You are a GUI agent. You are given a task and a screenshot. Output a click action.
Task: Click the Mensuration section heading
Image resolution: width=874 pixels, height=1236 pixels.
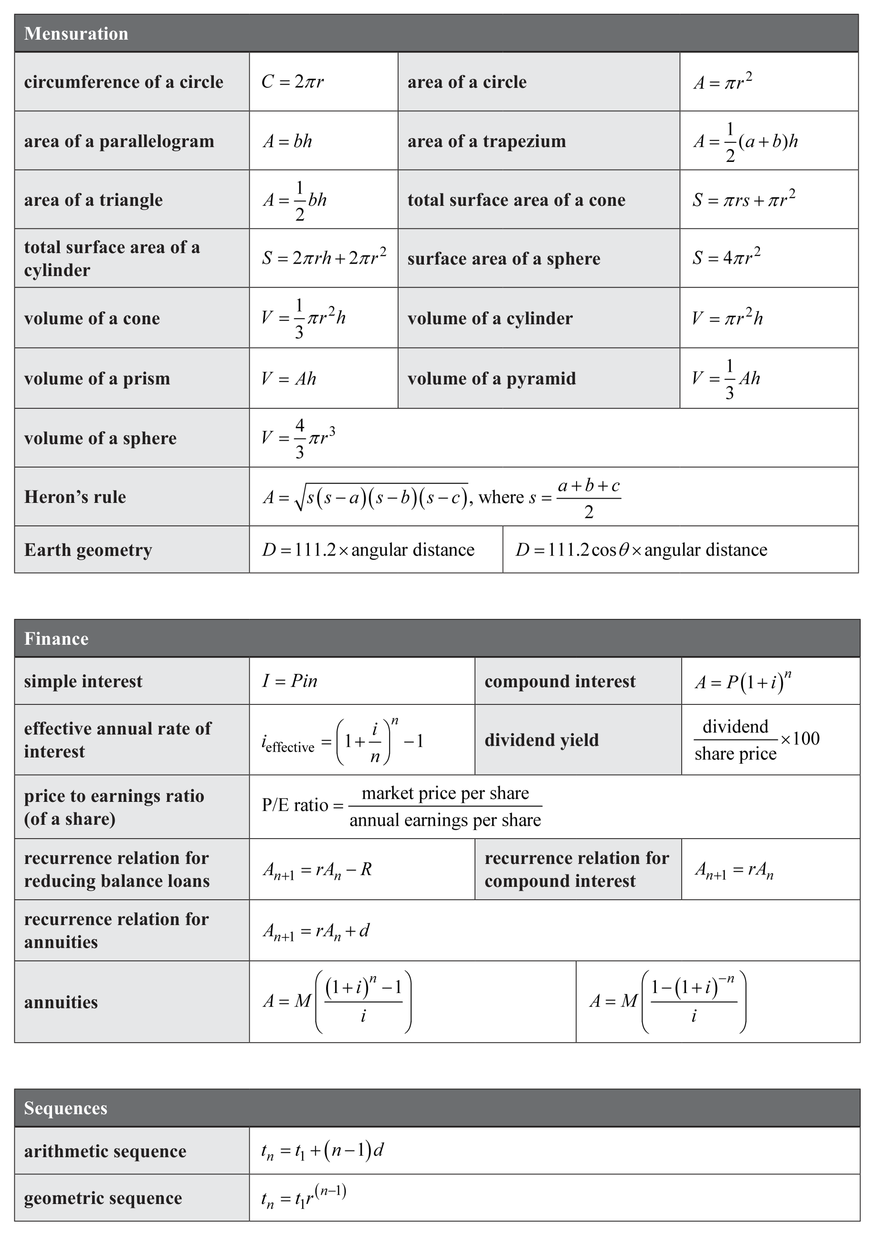[x=76, y=33]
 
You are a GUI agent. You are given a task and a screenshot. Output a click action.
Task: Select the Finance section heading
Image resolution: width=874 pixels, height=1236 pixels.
[x=56, y=639]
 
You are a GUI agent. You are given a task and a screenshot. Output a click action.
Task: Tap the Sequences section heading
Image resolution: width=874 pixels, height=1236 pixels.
[x=66, y=1108]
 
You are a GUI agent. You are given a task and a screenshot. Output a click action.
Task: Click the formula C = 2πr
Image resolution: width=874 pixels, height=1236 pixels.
[x=292, y=82]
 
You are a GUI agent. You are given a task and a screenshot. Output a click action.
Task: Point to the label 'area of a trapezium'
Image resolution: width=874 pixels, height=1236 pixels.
[x=486, y=141]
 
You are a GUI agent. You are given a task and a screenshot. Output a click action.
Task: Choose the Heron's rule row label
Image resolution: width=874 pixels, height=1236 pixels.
[x=75, y=496]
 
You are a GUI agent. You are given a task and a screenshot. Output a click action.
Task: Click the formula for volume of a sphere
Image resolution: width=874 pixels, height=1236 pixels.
[x=299, y=437]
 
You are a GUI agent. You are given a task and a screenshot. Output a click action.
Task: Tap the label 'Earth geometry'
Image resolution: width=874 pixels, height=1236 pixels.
[x=88, y=550]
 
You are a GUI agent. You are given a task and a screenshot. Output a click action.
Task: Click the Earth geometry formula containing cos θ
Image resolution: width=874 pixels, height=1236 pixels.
[x=641, y=550]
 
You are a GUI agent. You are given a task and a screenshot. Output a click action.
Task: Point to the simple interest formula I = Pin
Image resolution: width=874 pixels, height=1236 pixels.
[x=290, y=681]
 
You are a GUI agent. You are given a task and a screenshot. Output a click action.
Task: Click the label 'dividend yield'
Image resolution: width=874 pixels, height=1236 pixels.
[x=541, y=740]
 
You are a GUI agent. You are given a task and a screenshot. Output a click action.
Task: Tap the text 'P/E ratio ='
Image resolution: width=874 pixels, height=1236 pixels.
[x=303, y=805]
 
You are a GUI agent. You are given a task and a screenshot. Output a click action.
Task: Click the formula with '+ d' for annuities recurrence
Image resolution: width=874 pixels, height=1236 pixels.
[x=316, y=931]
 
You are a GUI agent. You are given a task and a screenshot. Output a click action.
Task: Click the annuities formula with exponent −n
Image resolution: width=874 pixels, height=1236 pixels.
[x=667, y=1002]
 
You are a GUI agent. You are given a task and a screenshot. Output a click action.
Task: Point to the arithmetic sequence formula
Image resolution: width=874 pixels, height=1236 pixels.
[x=322, y=1151]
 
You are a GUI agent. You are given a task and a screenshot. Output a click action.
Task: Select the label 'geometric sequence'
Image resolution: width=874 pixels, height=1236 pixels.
[x=103, y=1198]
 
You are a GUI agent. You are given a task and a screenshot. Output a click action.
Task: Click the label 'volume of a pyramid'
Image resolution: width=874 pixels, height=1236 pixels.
[x=491, y=378]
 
